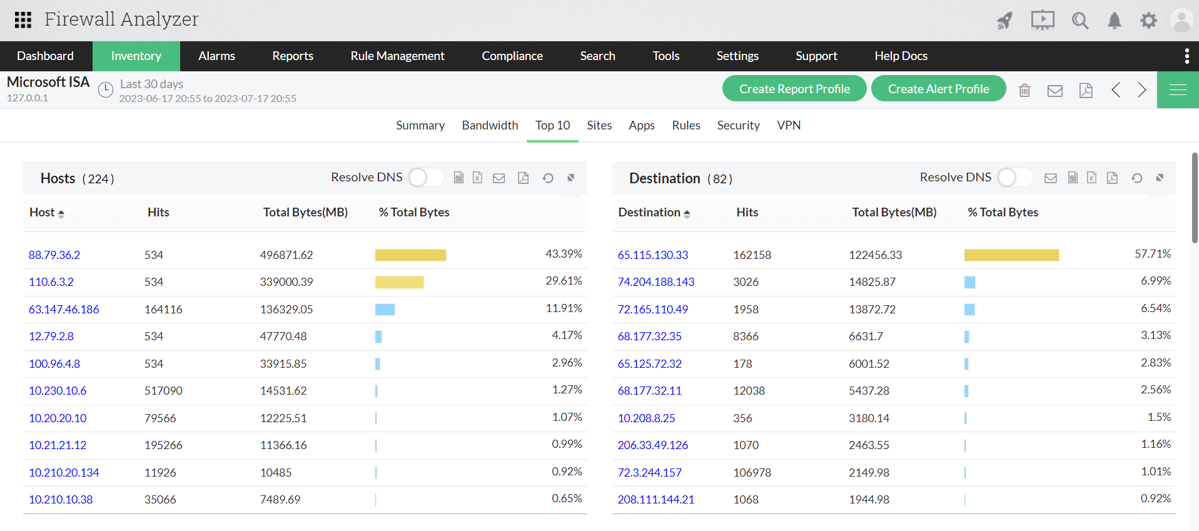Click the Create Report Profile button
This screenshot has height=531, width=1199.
794,89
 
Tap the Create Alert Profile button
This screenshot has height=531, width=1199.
938,89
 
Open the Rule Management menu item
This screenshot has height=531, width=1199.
397,56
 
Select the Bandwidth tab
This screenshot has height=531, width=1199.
490,125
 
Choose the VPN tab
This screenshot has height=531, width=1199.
788,125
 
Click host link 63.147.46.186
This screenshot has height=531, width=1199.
64,309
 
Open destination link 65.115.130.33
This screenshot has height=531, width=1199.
652,255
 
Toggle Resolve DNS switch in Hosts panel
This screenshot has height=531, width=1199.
425,178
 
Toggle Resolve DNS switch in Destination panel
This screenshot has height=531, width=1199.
1014,178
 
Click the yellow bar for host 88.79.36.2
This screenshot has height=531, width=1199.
410,255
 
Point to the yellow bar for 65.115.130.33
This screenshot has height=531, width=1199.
1011,255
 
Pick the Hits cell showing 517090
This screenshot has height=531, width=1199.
163,391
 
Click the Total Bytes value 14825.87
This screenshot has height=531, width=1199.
872,282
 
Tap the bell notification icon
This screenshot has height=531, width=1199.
1114,21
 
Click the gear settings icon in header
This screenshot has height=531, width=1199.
1148,21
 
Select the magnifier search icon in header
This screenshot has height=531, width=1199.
1080,21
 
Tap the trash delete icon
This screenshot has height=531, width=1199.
1024,91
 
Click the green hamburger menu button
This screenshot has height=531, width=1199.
1178,90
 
